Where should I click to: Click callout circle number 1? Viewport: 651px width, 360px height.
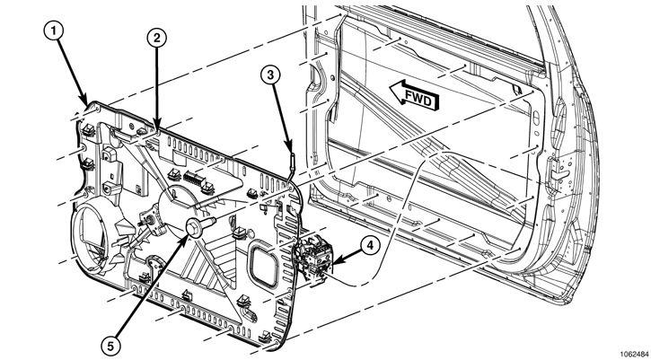click(54, 31)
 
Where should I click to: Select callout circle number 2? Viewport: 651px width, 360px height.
click(156, 38)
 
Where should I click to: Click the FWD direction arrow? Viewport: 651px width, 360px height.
click(414, 95)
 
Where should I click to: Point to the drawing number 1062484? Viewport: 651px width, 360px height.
click(635, 355)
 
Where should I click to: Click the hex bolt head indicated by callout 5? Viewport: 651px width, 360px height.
click(194, 228)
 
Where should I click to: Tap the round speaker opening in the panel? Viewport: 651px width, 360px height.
click(92, 238)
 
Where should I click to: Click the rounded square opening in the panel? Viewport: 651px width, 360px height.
click(263, 266)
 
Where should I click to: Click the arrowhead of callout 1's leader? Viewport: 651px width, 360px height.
click(85, 102)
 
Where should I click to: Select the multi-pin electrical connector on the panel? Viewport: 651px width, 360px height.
click(193, 179)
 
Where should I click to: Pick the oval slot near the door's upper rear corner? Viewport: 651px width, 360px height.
click(535, 117)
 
